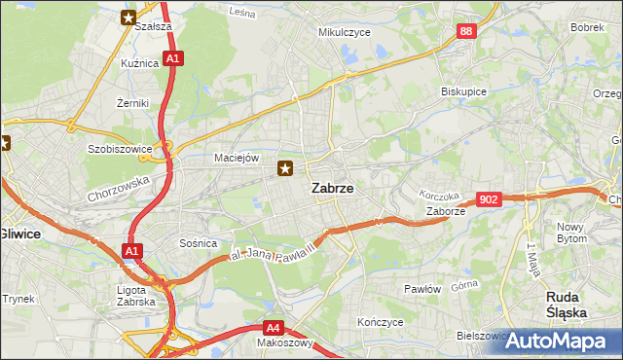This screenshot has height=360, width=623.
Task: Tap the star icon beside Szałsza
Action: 128,17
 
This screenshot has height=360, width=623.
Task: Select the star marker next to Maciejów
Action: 285,169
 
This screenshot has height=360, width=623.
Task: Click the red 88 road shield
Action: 466,32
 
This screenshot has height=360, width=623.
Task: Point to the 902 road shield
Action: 490,199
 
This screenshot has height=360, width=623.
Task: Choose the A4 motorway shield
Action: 275,328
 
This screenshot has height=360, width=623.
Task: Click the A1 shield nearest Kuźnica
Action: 172,59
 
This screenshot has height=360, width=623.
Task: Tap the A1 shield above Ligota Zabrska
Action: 131,253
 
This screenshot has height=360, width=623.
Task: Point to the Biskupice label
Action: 463,91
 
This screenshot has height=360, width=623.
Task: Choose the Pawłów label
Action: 422,289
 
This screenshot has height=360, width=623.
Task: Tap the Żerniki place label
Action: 131,102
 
